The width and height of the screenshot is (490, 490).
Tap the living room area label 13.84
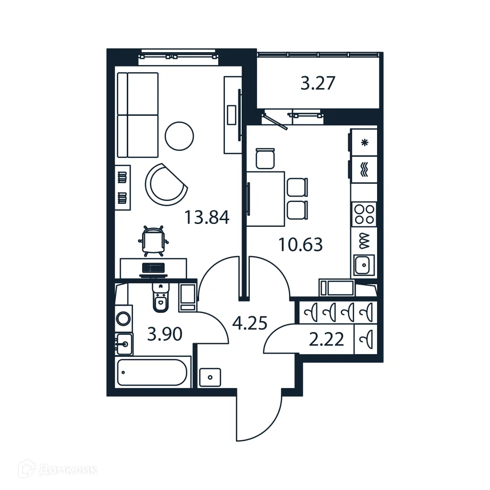coord(207,218)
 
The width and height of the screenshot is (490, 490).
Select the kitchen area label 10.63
coord(301,245)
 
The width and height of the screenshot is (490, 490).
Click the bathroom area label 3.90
coord(165,334)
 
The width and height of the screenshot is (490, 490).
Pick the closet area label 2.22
coord(327,340)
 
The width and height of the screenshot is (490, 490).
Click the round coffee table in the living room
coord(179,136)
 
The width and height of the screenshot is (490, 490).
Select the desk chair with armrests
coord(154,239)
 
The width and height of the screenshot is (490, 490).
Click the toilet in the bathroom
coord(160,299)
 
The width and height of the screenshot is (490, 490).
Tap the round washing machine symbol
coord(124,318)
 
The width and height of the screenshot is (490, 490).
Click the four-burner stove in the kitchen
coord(364,214)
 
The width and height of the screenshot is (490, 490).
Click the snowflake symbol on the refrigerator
coord(364,142)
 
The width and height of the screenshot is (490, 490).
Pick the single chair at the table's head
coord(266,158)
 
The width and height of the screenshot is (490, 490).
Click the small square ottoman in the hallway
coord(211,377)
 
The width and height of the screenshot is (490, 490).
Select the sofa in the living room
coord(137,115)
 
